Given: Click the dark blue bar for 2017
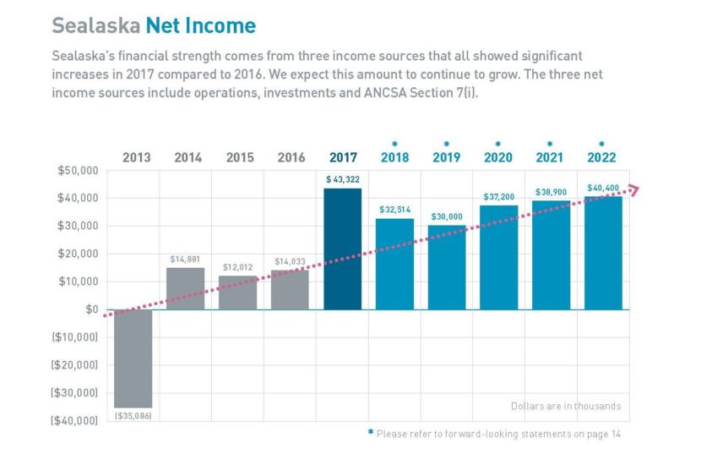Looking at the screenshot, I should click(342, 249).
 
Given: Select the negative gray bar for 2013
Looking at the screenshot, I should click(133, 358).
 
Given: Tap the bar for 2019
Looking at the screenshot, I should click(446, 267).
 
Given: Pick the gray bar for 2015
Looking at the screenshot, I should click(237, 292).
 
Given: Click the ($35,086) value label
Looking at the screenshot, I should click(133, 416).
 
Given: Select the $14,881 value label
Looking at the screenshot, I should click(185, 259).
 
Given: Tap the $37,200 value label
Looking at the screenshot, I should click(498, 196).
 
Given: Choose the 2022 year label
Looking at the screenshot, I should click(601, 157).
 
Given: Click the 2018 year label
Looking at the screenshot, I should click(394, 157).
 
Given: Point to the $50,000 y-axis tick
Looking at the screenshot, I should click(78, 171).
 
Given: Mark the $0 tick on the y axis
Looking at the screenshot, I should click(90, 309).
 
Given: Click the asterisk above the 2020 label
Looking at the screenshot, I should click(498, 144).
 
